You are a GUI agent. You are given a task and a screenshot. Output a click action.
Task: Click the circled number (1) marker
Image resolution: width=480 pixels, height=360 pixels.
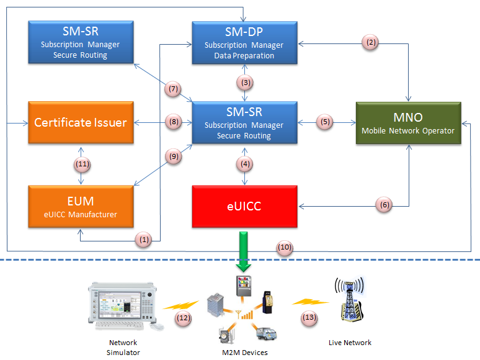click(144, 238)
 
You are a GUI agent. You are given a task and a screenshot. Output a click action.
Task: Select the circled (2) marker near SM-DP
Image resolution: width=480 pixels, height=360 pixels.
click(371, 43)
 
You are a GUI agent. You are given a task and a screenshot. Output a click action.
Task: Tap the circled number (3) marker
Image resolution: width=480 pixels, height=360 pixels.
click(246, 81)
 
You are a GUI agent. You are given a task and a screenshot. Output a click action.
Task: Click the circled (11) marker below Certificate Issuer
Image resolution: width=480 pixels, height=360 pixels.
click(82, 164)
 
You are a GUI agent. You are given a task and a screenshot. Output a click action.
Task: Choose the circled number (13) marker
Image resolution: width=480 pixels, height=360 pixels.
click(309, 318)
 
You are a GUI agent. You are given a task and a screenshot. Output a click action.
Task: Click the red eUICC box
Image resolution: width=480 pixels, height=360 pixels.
click(245, 206)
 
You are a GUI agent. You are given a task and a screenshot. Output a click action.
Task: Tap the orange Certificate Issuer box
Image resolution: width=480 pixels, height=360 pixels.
click(81, 123)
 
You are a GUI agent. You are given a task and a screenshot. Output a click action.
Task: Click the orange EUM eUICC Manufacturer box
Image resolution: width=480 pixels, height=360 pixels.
click(81, 206)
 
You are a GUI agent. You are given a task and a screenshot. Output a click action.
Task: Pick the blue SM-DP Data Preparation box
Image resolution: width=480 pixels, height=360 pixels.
click(245, 43)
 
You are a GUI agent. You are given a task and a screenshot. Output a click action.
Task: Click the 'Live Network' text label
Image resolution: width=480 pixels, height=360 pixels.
click(349, 343)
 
